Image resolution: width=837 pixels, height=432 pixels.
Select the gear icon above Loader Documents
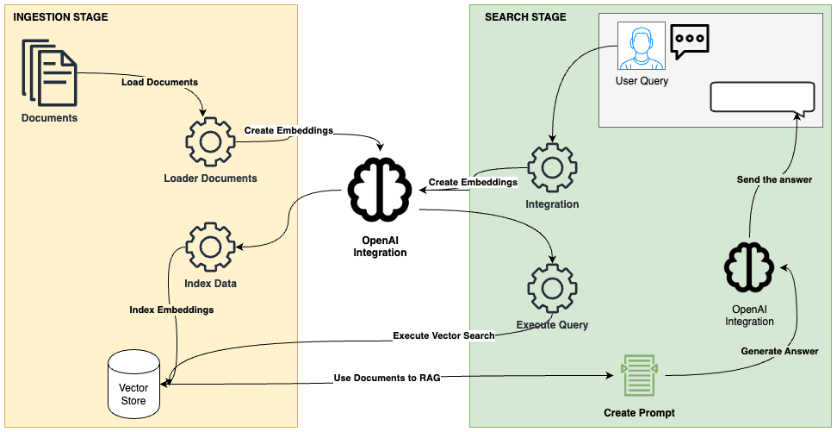pyautogui.click(x=210, y=141)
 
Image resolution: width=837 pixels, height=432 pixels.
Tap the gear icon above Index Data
pyautogui.click(x=210, y=247)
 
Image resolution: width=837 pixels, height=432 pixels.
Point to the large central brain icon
pyautogui.click(x=380, y=190)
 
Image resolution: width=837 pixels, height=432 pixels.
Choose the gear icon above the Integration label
pyautogui.click(x=552, y=168)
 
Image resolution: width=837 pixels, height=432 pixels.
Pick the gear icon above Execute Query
pyautogui.click(x=552, y=289)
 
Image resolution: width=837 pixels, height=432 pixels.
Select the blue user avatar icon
pyautogui.click(x=642, y=47)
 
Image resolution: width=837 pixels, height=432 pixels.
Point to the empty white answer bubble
pyautogui.click(x=761, y=97)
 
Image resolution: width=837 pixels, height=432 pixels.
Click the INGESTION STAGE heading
pyautogui.click(x=61, y=16)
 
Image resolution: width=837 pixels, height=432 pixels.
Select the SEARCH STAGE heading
pyautogui.click(x=525, y=16)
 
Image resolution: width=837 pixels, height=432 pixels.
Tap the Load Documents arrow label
pyautogui.click(x=159, y=83)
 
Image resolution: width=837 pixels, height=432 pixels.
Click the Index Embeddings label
pyautogui.click(x=171, y=309)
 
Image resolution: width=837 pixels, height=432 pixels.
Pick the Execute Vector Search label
pyautogui.click(x=443, y=335)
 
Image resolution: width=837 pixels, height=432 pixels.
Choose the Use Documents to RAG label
pyautogui.click(x=387, y=378)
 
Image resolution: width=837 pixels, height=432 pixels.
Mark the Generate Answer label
pyautogui.click(x=779, y=351)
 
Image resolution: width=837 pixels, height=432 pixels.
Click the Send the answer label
pyautogui.click(x=774, y=179)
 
